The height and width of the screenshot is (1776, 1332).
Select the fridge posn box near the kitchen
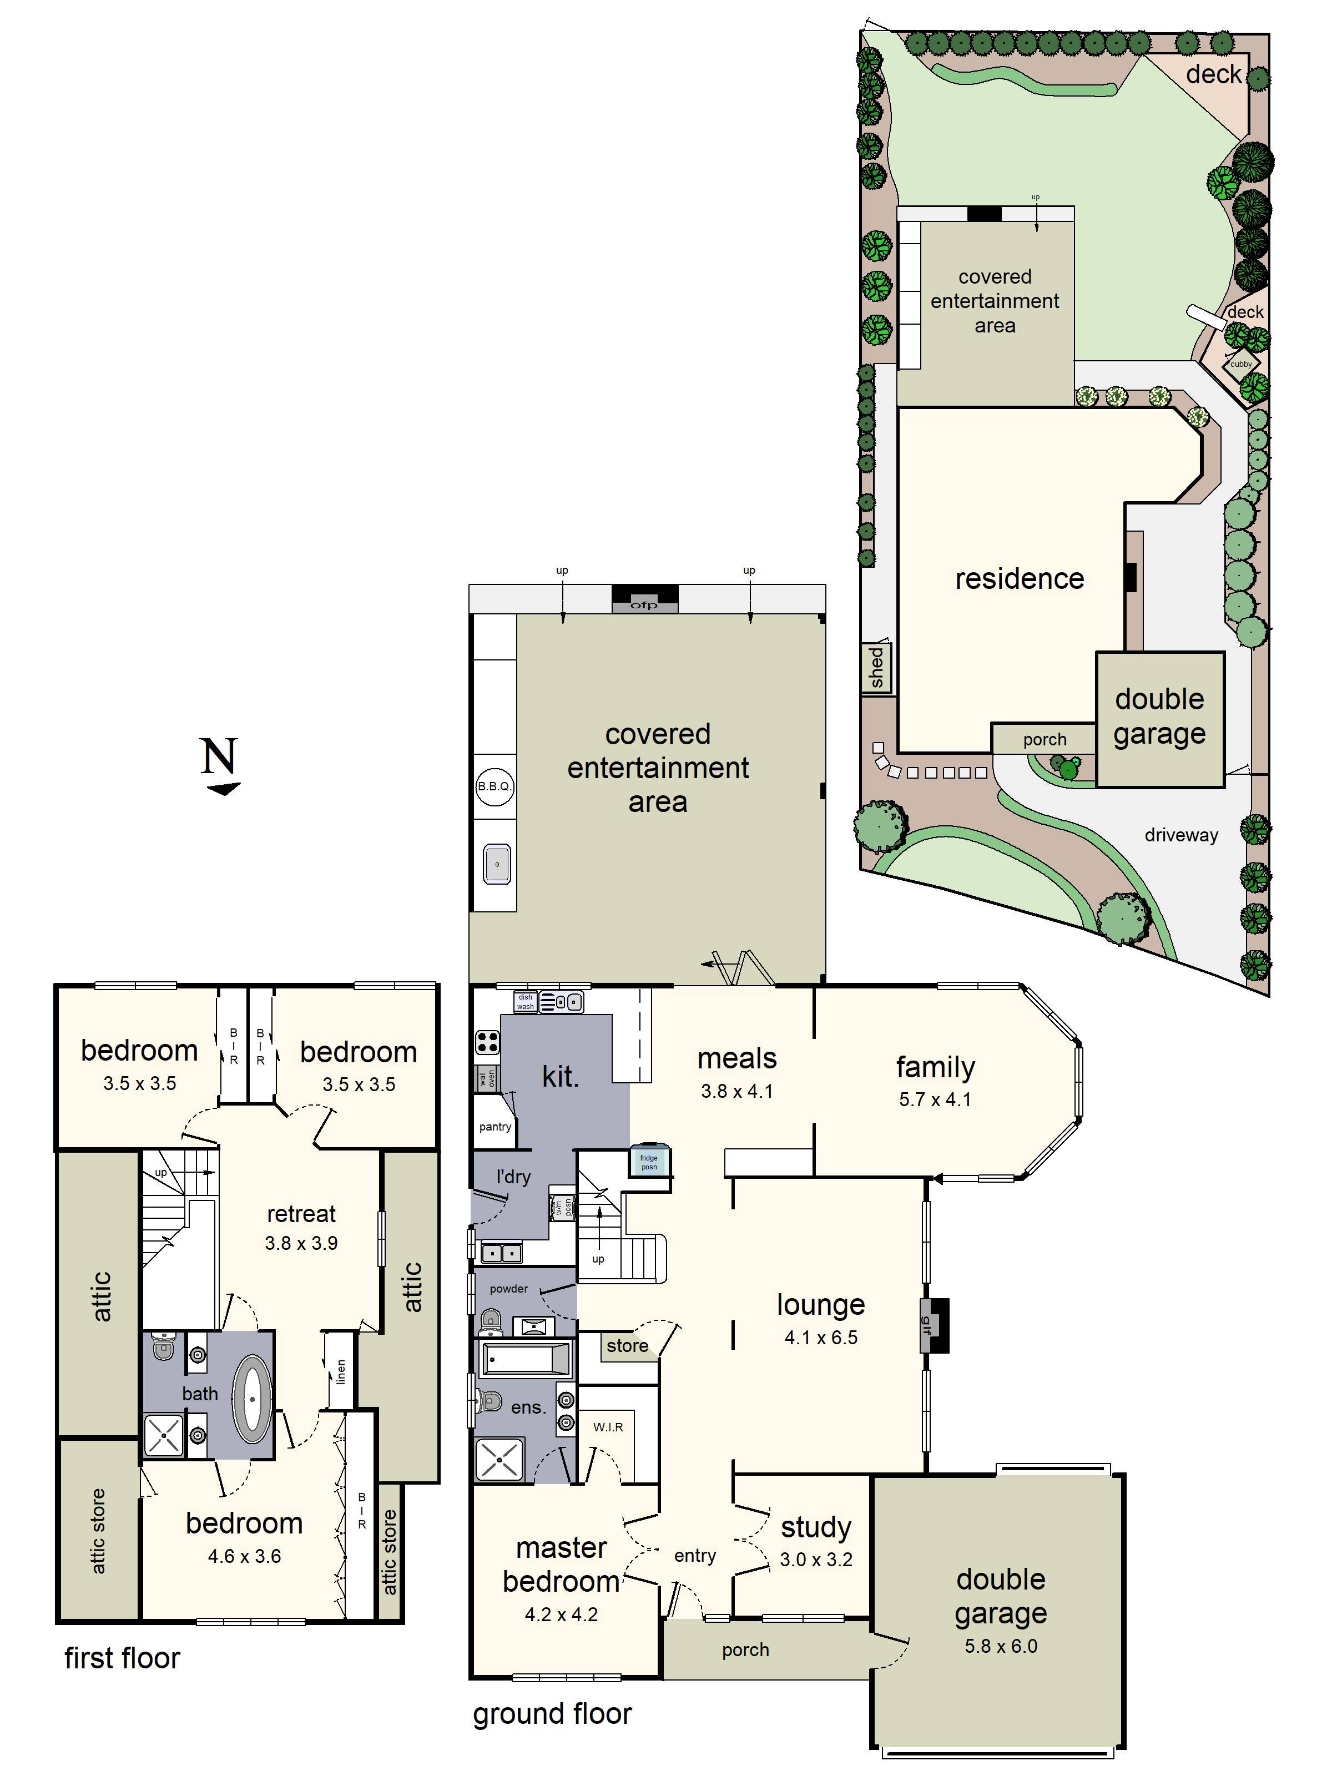[649, 1162]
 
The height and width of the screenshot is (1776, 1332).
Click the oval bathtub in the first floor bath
[252, 1400]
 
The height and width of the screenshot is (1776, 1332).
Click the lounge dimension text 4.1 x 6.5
[820, 1338]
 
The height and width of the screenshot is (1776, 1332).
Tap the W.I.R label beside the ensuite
[608, 1427]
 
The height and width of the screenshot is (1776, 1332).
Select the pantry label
[495, 1127]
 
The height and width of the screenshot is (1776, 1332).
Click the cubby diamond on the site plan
[1240, 364]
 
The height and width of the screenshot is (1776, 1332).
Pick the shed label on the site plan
[876, 668]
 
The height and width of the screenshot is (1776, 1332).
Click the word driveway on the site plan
[1180, 835]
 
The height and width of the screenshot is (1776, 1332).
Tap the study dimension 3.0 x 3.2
[816, 1559]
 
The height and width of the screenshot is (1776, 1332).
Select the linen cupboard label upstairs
[340, 1371]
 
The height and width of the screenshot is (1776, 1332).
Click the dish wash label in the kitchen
[525, 1001]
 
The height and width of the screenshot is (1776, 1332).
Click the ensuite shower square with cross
[500, 1460]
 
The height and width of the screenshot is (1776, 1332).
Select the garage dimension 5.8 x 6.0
[1001, 1646]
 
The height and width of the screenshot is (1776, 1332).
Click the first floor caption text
[122, 1658]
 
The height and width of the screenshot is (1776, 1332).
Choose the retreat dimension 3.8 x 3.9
[301, 1243]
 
